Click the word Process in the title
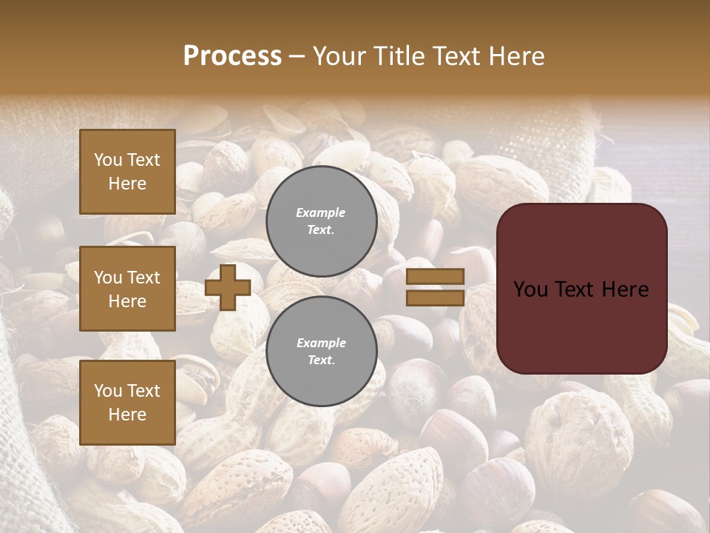point(232,56)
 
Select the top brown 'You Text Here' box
point(127,172)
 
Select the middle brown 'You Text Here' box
point(127,289)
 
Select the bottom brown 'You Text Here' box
point(127,402)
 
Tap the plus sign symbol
point(227,287)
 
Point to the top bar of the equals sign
point(435,277)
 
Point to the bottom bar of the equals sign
point(435,298)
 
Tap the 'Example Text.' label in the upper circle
point(321,221)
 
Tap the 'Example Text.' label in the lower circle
point(321,352)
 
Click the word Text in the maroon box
point(581,289)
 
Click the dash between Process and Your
point(297,57)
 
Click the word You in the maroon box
point(531,289)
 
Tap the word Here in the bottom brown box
point(127,415)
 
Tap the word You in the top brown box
point(108,160)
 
